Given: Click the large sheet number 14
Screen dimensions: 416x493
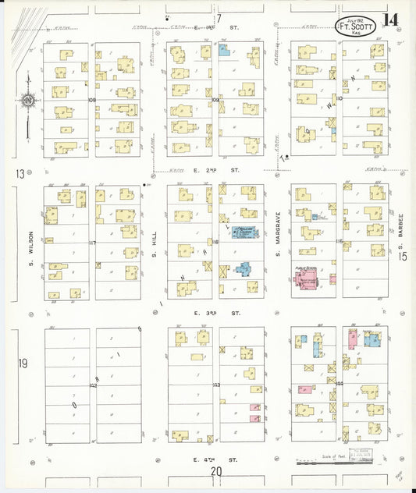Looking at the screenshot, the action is [x=389, y=20].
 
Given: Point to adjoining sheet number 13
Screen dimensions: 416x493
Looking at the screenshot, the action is [x=20, y=174].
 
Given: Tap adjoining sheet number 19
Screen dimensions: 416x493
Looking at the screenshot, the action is [x=23, y=363].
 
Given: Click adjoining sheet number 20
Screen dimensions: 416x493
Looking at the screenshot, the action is [x=215, y=471].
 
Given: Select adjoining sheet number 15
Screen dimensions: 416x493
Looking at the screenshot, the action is [x=403, y=256].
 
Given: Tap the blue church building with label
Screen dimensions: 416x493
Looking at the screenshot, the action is [x=246, y=231].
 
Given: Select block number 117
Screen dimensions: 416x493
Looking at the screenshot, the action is [x=92, y=243].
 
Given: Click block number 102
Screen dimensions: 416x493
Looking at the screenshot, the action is [x=92, y=385].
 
